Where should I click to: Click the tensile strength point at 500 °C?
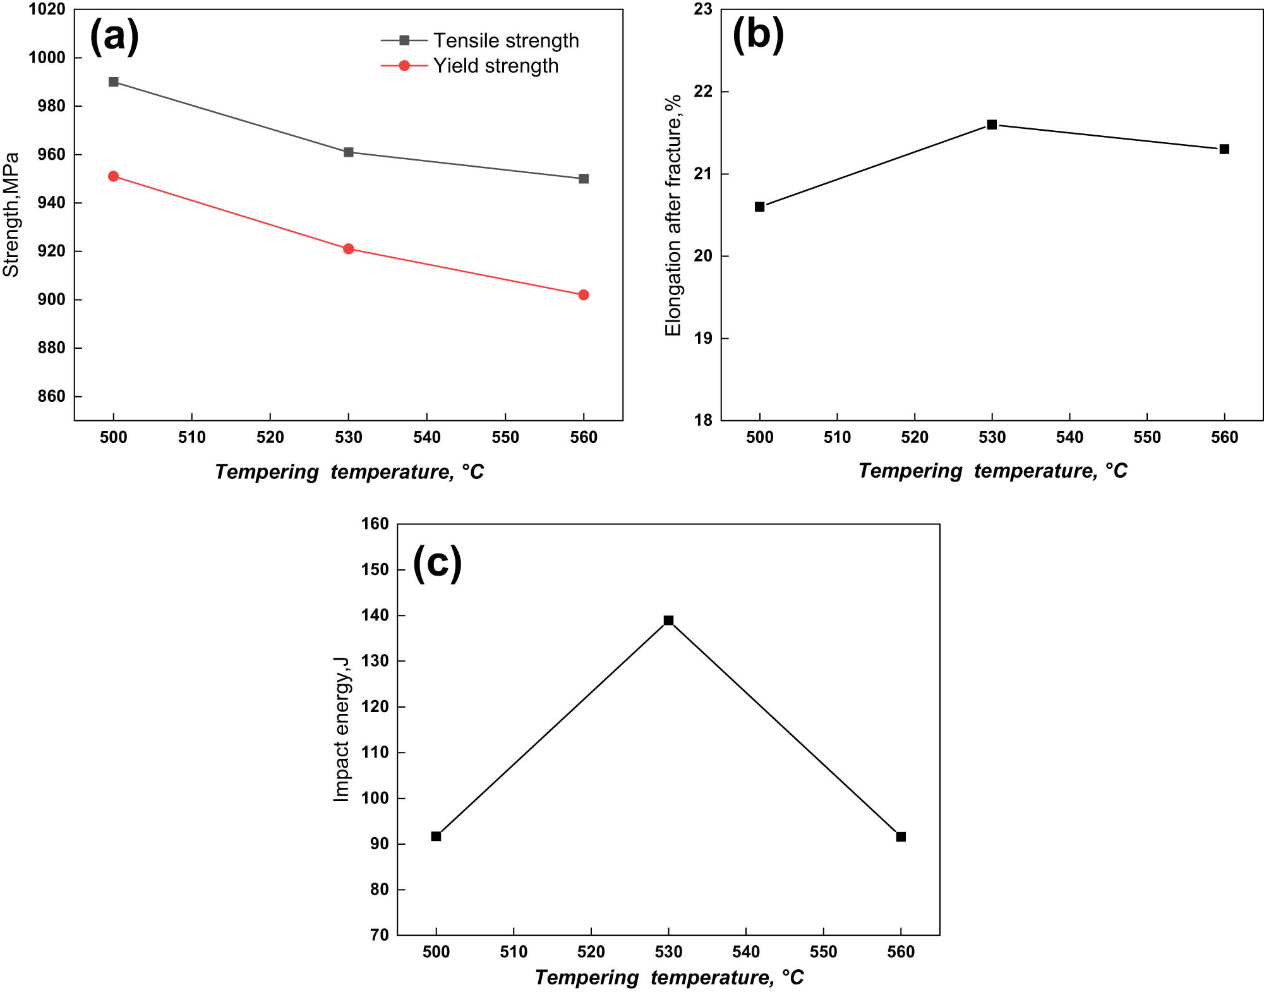pos(114,82)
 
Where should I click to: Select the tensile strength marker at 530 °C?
pos(349,152)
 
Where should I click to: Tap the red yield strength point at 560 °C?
pos(584,295)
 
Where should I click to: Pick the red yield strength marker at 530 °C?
pos(349,249)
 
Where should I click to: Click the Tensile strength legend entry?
pos(505,40)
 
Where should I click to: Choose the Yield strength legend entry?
pos(495,66)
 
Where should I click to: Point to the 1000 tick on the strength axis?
pos(47,57)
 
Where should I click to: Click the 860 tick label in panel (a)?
pos(52,397)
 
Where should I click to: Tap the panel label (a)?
pos(114,37)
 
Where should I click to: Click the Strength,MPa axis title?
pos(11,215)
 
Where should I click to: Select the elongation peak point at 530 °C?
pos(992,125)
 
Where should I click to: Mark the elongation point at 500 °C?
pos(760,207)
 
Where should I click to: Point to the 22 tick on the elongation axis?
pos(703,92)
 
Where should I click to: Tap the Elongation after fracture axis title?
pos(673,215)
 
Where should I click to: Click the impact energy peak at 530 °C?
pos(668,620)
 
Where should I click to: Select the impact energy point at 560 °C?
pos(901,837)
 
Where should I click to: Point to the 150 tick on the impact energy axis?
pos(375,570)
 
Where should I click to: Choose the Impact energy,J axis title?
pos(341,729)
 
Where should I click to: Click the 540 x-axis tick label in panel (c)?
pos(746,952)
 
